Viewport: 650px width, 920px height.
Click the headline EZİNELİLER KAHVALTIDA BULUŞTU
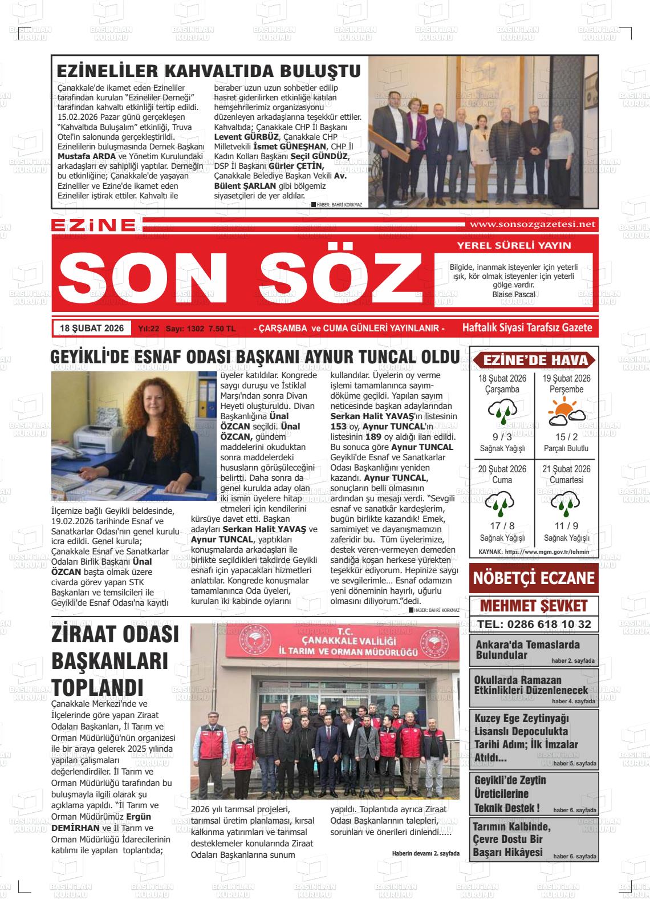pyautogui.click(x=209, y=71)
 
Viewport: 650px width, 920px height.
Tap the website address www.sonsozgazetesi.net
pyautogui.click(x=531, y=224)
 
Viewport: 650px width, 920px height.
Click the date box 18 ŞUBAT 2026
pyautogui.click(x=92, y=329)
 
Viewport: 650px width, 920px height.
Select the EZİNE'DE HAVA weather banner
pyautogui.click(x=534, y=360)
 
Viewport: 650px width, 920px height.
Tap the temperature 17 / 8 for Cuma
pyautogui.click(x=502, y=526)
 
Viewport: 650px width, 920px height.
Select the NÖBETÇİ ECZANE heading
pyautogui.click(x=534, y=578)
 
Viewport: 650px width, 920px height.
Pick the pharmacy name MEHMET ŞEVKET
pyautogui.click(x=534, y=606)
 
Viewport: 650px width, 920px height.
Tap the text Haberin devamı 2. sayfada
pyautogui.click(x=425, y=853)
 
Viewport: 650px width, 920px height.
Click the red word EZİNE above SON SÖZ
pyautogui.click(x=93, y=225)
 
